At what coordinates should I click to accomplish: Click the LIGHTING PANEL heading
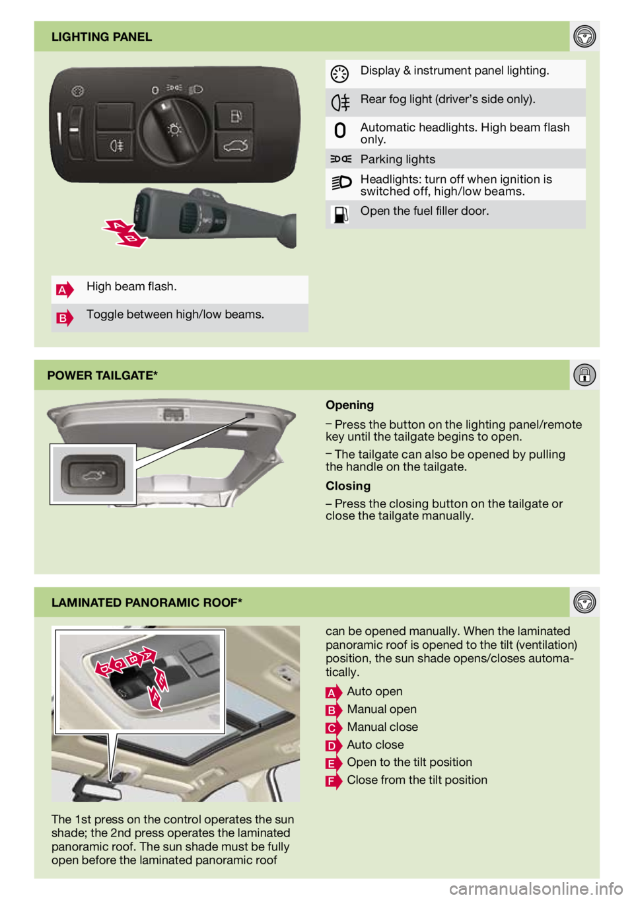(x=102, y=37)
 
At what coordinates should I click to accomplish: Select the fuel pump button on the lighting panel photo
(x=235, y=116)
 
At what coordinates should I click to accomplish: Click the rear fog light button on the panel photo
(x=116, y=146)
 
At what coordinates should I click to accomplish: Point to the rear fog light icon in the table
(x=340, y=102)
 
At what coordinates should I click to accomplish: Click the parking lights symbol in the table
(x=341, y=159)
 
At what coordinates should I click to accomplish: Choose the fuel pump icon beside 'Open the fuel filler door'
(x=339, y=214)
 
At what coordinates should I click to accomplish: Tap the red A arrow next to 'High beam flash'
(x=65, y=289)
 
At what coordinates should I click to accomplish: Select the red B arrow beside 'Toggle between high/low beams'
(x=65, y=318)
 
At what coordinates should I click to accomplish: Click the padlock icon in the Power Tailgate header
(x=584, y=375)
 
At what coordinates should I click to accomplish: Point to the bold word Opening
(x=349, y=405)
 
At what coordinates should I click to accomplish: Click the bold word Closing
(x=348, y=486)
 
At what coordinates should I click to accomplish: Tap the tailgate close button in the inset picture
(x=92, y=475)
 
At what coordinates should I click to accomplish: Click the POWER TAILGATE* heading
(x=102, y=375)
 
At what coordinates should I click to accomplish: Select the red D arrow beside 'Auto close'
(x=334, y=745)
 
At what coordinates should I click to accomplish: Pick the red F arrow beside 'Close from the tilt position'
(x=334, y=780)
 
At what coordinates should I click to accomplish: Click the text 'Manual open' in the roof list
(x=382, y=709)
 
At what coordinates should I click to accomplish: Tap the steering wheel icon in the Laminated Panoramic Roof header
(x=584, y=602)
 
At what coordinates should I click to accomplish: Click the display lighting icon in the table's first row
(x=339, y=74)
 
